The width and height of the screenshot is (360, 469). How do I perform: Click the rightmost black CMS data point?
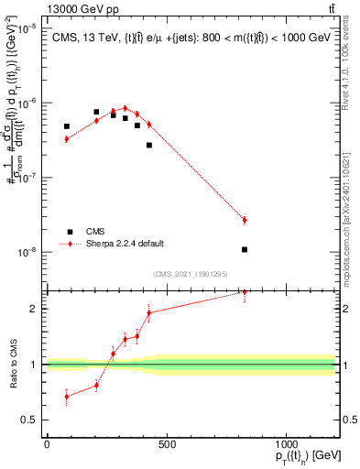[245, 249]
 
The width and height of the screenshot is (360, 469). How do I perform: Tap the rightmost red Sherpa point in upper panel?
[245, 220]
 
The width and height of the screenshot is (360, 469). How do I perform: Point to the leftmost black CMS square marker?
[67, 126]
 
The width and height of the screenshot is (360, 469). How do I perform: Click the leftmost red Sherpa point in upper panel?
[67, 138]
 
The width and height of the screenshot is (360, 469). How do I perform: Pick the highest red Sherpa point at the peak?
[125, 108]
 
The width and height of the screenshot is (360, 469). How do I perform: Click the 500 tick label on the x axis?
[166, 445]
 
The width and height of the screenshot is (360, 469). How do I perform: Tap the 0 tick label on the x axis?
[47, 445]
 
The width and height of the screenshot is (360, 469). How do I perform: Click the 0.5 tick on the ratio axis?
[32, 420]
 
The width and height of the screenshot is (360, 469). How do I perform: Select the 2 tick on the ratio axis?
[36, 309]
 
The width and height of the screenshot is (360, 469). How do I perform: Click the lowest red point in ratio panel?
[67, 397]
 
